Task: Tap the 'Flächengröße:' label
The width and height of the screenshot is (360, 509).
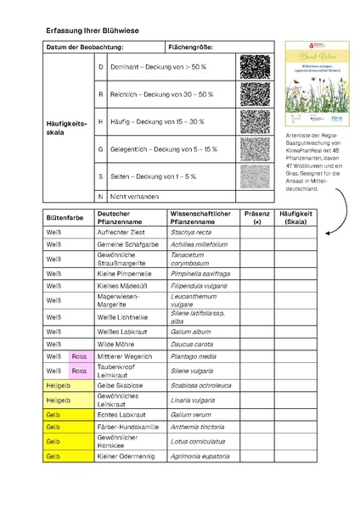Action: coord(191,48)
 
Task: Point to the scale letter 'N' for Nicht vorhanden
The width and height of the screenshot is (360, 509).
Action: coord(100,196)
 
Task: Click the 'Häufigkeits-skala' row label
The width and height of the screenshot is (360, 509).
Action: coord(66,122)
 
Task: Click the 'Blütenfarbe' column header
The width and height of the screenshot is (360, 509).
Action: coord(65,217)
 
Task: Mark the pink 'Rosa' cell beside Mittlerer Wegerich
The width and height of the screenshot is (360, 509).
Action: coord(79,358)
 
